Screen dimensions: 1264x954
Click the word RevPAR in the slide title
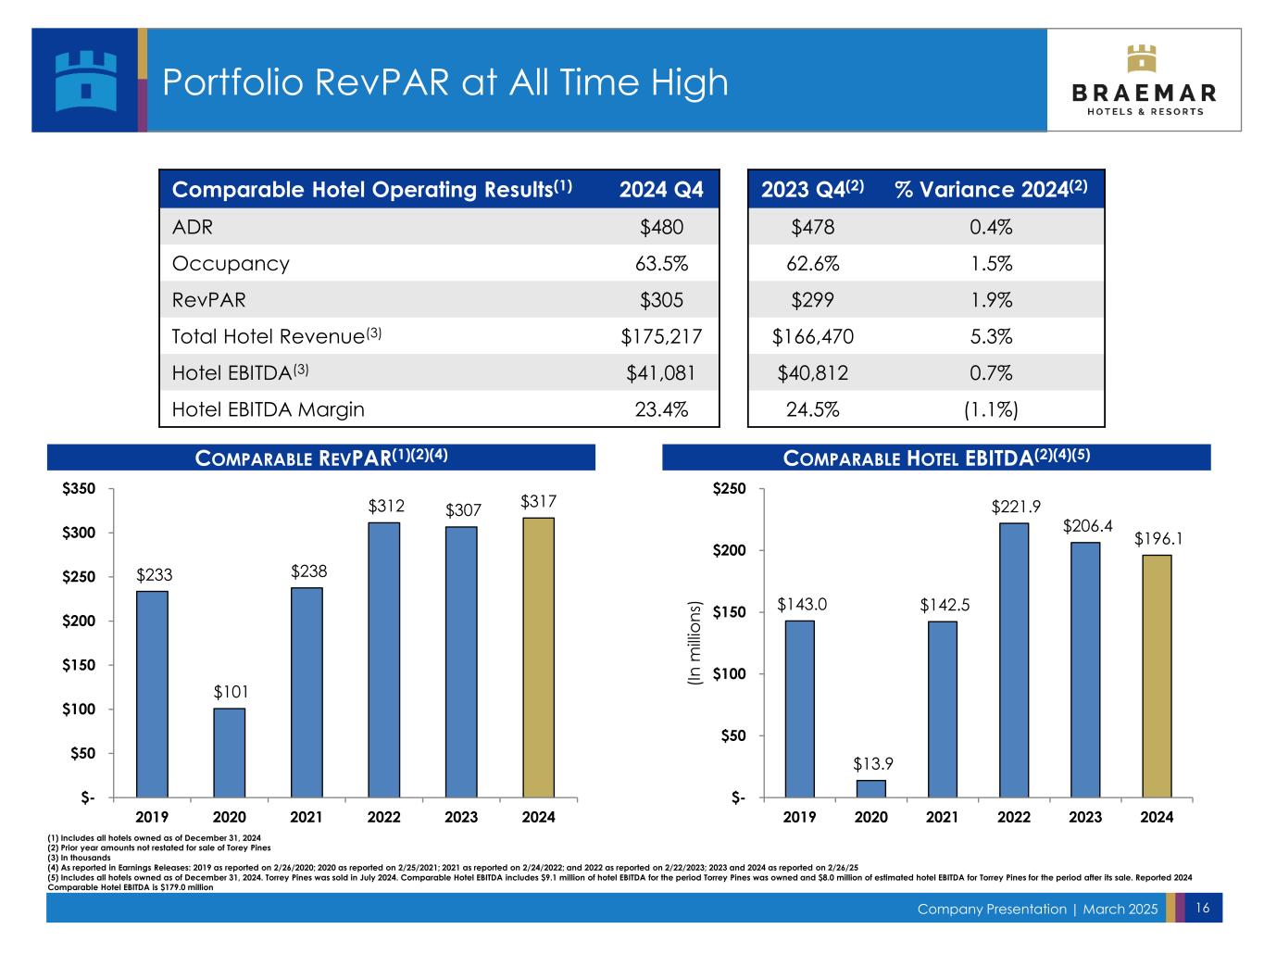point(382,82)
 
